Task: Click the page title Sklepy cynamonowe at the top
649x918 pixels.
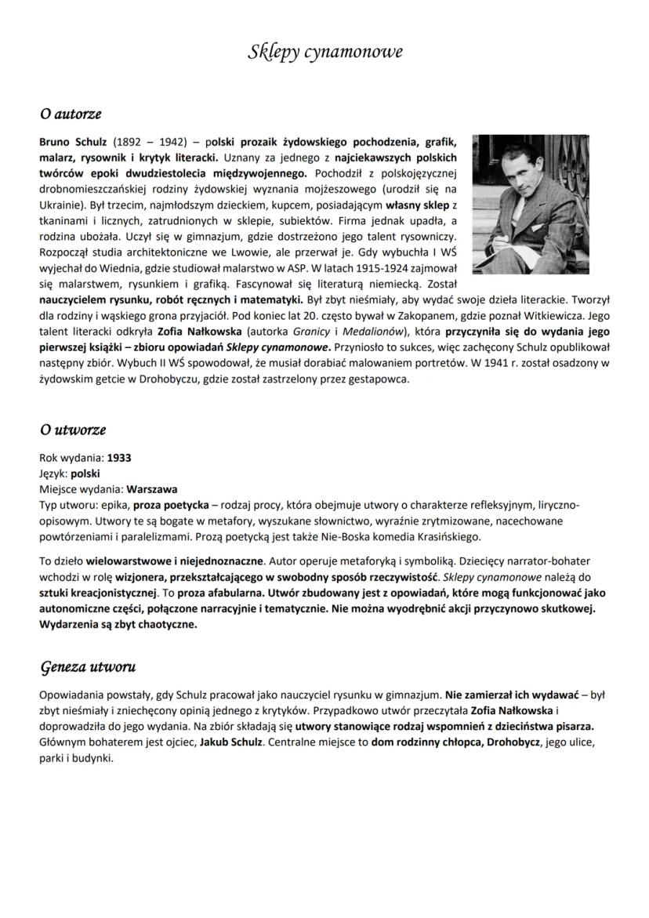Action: [324, 53]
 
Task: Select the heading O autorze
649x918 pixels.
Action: [71, 114]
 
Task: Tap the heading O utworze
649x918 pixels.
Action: [73, 430]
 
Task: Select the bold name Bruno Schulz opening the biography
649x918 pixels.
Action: [74, 144]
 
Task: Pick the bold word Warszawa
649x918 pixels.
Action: [152, 488]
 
